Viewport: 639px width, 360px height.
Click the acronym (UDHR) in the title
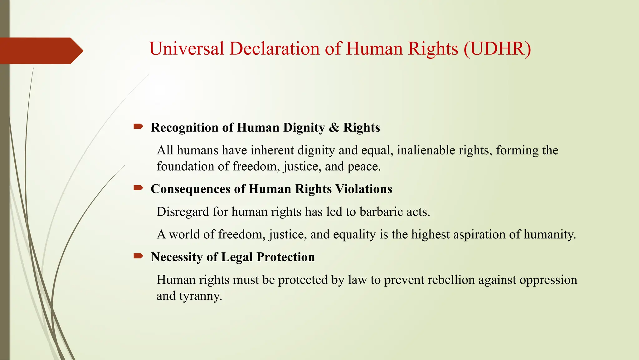[x=497, y=49]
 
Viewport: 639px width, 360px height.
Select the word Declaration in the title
[x=275, y=49]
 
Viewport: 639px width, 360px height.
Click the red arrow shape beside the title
[x=41, y=51]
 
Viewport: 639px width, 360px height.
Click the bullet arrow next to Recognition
[x=138, y=127]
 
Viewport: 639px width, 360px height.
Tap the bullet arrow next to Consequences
[x=138, y=188]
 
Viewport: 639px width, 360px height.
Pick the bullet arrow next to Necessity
[x=138, y=256]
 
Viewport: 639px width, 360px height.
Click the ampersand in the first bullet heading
[x=334, y=127]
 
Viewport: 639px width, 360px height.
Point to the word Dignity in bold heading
[x=304, y=128]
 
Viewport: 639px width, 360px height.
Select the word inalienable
[x=426, y=150]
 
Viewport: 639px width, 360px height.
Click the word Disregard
[x=183, y=212]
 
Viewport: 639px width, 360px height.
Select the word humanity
[x=549, y=235]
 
